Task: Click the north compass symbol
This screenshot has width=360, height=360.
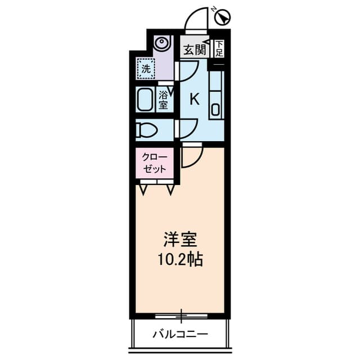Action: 223,17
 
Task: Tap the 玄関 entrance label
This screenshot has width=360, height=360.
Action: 195,49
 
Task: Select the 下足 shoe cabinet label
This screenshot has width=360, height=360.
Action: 219,48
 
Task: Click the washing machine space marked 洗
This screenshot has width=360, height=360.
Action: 146,69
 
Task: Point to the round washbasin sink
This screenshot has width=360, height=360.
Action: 162,43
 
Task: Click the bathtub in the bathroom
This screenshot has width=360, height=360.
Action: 145,99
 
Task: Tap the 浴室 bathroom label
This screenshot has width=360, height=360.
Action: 163,100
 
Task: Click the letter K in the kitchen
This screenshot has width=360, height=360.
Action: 195,99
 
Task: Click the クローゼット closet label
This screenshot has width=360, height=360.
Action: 154,163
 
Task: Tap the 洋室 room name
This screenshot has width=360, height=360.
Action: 180,240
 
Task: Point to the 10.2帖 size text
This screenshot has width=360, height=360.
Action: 180,259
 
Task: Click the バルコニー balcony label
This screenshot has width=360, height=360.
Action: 180,334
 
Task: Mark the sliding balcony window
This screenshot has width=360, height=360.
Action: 181,316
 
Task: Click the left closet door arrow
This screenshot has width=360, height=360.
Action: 143,190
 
